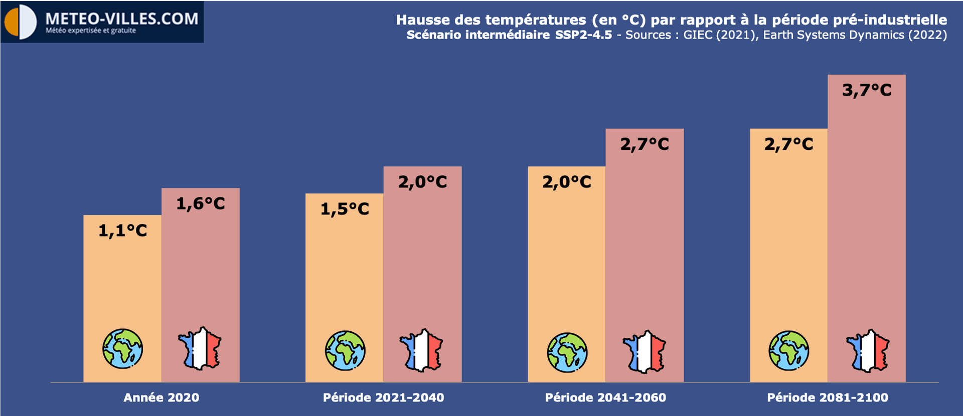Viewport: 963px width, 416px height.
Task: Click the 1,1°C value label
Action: tap(122, 231)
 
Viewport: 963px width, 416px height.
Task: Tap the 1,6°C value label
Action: tap(201, 203)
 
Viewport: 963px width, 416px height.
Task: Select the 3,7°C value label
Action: tap(867, 90)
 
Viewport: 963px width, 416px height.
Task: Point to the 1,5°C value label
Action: tap(345, 209)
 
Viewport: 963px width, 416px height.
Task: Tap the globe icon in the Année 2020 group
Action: tap(122, 349)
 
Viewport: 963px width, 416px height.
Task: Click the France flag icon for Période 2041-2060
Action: tap(645, 352)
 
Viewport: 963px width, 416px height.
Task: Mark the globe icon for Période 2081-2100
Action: tap(788, 350)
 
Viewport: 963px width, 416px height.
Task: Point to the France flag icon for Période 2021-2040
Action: tap(421, 350)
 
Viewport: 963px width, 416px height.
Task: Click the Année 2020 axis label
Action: tap(161, 397)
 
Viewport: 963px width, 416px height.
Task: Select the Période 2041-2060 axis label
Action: tap(605, 397)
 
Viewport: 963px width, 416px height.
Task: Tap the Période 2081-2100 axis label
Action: tap(828, 397)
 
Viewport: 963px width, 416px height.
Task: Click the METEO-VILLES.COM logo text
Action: tap(122, 19)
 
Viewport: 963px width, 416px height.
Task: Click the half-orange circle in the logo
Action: tap(20, 23)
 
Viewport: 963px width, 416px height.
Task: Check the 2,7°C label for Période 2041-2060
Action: tap(645, 144)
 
